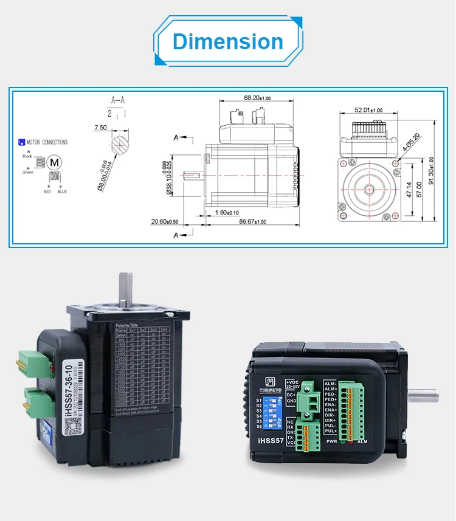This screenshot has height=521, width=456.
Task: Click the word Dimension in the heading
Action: (228, 41)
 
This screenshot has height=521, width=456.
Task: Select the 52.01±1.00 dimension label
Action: (369, 110)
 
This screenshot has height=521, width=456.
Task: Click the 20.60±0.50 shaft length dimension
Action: (165, 222)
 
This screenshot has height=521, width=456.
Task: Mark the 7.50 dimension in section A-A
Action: (100, 128)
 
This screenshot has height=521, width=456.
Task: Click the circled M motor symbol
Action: (55, 162)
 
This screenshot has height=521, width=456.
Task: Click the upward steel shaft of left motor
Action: (127, 289)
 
